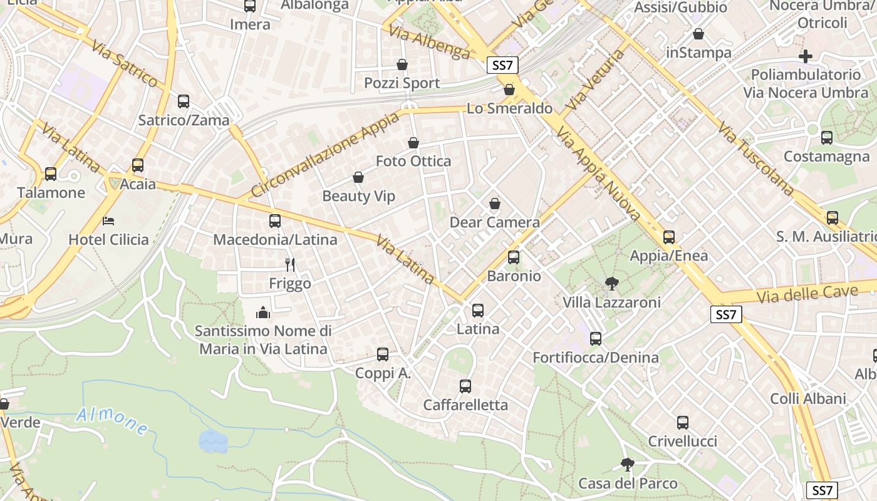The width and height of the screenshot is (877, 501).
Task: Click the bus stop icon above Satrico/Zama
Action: point(184,101)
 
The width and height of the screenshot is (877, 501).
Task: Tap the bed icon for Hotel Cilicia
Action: point(108,221)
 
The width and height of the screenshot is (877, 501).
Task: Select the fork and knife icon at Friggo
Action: point(289,265)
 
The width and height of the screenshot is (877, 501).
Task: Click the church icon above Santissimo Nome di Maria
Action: point(263,311)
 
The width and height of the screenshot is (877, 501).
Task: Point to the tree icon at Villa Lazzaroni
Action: point(611,284)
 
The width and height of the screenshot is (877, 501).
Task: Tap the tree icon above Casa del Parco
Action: point(627,464)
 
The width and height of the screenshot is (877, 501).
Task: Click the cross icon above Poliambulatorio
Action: point(806,56)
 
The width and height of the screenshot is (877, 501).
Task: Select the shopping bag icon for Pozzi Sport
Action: point(402,65)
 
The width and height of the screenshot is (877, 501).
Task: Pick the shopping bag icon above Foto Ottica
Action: point(413,143)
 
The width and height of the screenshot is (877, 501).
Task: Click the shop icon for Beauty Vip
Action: point(358,177)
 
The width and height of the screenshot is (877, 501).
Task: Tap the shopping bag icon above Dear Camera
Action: point(495,204)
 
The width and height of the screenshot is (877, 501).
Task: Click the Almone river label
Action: point(113,420)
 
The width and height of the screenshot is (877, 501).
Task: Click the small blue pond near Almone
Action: point(214,441)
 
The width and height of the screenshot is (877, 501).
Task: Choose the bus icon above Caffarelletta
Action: point(465,386)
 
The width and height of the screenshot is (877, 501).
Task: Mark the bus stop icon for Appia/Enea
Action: point(669,237)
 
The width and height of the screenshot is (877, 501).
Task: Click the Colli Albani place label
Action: point(808,398)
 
